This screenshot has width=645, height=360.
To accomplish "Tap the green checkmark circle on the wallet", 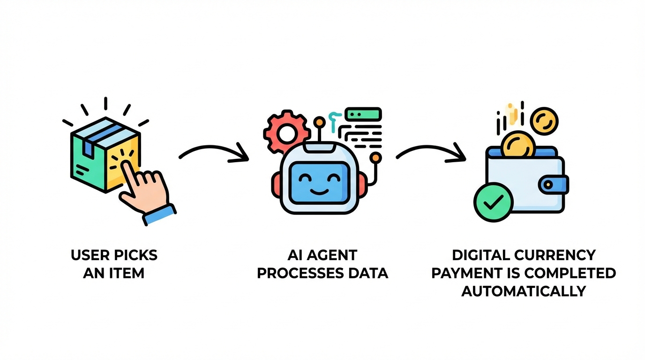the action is pos(493,202).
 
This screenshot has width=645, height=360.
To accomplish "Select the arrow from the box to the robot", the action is pos(213,154).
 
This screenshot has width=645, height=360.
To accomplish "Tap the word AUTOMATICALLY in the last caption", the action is pos(524,291).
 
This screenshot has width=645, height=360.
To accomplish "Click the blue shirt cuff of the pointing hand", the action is pos(159,214).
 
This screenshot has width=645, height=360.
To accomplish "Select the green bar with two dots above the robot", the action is pos(363,114).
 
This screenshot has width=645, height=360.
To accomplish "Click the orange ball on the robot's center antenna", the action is pos(319,122).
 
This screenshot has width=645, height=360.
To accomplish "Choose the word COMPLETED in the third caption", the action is pos(575,273).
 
